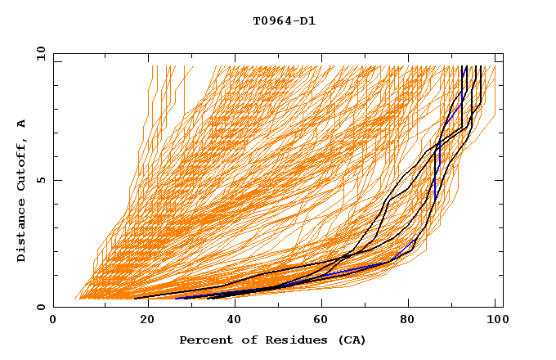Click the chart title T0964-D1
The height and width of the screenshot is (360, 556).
coord(284,21)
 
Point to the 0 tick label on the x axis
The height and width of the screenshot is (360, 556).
coord(53,321)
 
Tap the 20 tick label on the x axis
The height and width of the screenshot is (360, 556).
coord(142,321)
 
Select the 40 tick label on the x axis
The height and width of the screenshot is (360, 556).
coord(231,321)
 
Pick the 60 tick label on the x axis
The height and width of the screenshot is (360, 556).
coord(321,321)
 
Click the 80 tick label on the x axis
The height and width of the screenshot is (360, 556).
coord(410,321)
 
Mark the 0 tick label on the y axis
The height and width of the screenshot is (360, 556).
coord(40,308)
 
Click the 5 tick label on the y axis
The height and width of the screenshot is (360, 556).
coord(40,180)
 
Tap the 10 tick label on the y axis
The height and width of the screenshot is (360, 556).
coord(38,52)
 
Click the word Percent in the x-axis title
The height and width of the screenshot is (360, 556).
coord(204,340)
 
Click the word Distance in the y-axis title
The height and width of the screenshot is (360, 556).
coord(22,228)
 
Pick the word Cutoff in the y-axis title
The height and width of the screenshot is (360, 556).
coord(22,162)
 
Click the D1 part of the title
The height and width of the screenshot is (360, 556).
coord(307,21)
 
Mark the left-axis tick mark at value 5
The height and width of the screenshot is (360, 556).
coord(56,180)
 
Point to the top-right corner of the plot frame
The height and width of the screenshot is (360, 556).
coord(503,52)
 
